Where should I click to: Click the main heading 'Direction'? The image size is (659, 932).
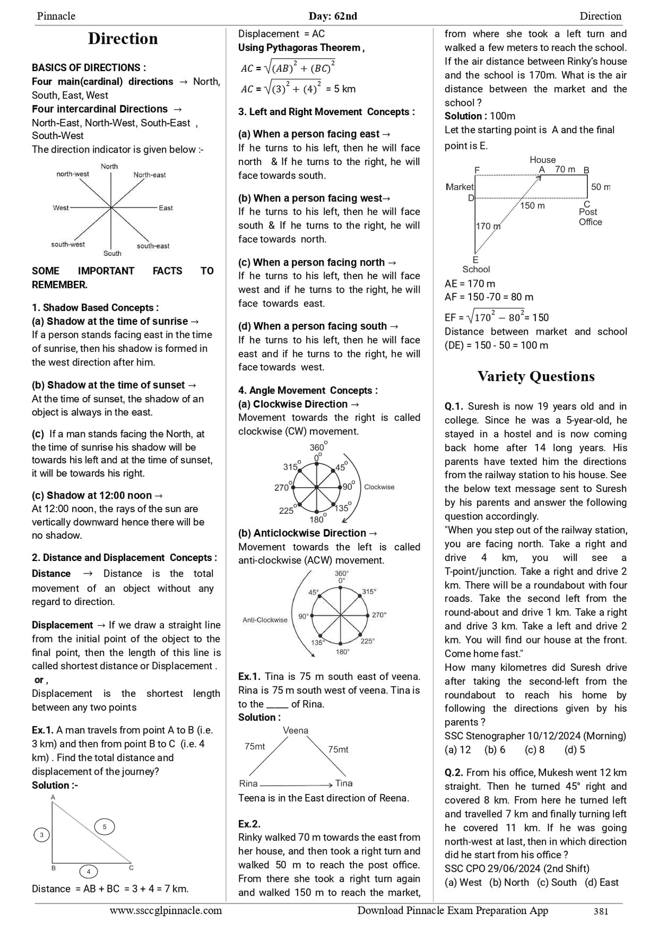(123, 39)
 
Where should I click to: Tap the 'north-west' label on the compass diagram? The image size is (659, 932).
(73, 174)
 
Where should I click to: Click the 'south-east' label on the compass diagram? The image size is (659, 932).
(153, 246)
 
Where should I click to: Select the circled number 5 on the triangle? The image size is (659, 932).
(104, 827)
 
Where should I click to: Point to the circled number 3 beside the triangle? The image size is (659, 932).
(41, 835)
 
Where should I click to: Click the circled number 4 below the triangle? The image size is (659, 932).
(88, 872)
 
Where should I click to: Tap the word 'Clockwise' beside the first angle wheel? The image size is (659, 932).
(379, 487)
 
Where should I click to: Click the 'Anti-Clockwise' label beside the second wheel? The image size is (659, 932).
(265, 620)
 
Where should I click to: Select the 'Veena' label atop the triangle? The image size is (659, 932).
(295, 731)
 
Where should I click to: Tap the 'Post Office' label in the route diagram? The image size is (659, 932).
(590, 217)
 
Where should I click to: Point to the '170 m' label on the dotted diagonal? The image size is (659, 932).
(487, 226)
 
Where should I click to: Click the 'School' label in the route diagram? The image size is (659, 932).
(476, 269)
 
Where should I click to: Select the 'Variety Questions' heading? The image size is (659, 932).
(536, 376)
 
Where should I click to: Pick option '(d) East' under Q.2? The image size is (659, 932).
(601, 883)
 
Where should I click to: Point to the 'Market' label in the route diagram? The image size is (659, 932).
(460, 187)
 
